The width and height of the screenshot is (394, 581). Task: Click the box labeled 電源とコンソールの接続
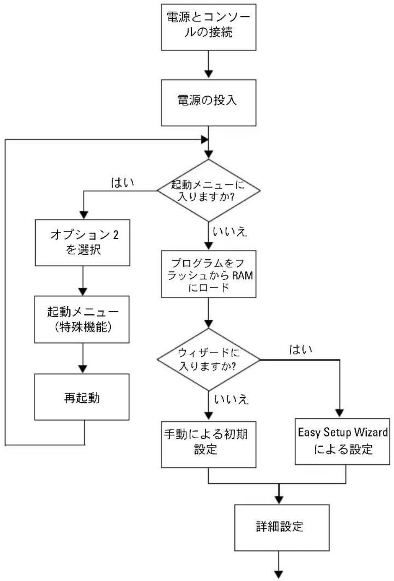pyautogui.click(x=209, y=27)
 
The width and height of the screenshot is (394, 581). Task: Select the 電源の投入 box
pyautogui.click(x=209, y=103)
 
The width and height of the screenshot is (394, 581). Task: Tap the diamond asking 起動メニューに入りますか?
pyautogui.click(x=209, y=190)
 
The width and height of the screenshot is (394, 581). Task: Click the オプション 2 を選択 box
pyautogui.click(x=82, y=243)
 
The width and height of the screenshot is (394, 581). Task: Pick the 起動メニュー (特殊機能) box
pyautogui.click(x=82, y=320)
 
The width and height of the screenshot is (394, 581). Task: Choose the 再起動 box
pyautogui.click(x=82, y=397)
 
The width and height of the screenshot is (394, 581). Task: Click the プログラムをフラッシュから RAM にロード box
pyautogui.click(x=209, y=274)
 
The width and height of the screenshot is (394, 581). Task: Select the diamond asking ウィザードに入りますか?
pyautogui.click(x=209, y=359)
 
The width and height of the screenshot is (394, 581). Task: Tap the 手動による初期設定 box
pyautogui.click(x=209, y=445)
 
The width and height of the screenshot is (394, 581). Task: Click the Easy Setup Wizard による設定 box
pyautogui.click(x=343, y=441)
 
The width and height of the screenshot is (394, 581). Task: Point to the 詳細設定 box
pyautogui.click(x=282, y=528)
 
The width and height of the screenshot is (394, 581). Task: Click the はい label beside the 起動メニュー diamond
pyautogui.click(x=122, y=183)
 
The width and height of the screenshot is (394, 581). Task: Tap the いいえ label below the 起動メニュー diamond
pyautogui.click(x=230, y=232)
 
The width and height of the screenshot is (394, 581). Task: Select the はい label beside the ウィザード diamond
pyautogui.click(x=301, y=349)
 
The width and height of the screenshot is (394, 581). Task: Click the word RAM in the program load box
pyautogui.click(x=243, y=275)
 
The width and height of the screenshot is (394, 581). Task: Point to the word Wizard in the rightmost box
pyautogui.click(x=371, y=432)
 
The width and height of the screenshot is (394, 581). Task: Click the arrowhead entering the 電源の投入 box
pyautogui.click(x=209, y=73)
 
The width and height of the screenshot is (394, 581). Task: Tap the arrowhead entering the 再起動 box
pyautogui.click(x=83, y=369)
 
